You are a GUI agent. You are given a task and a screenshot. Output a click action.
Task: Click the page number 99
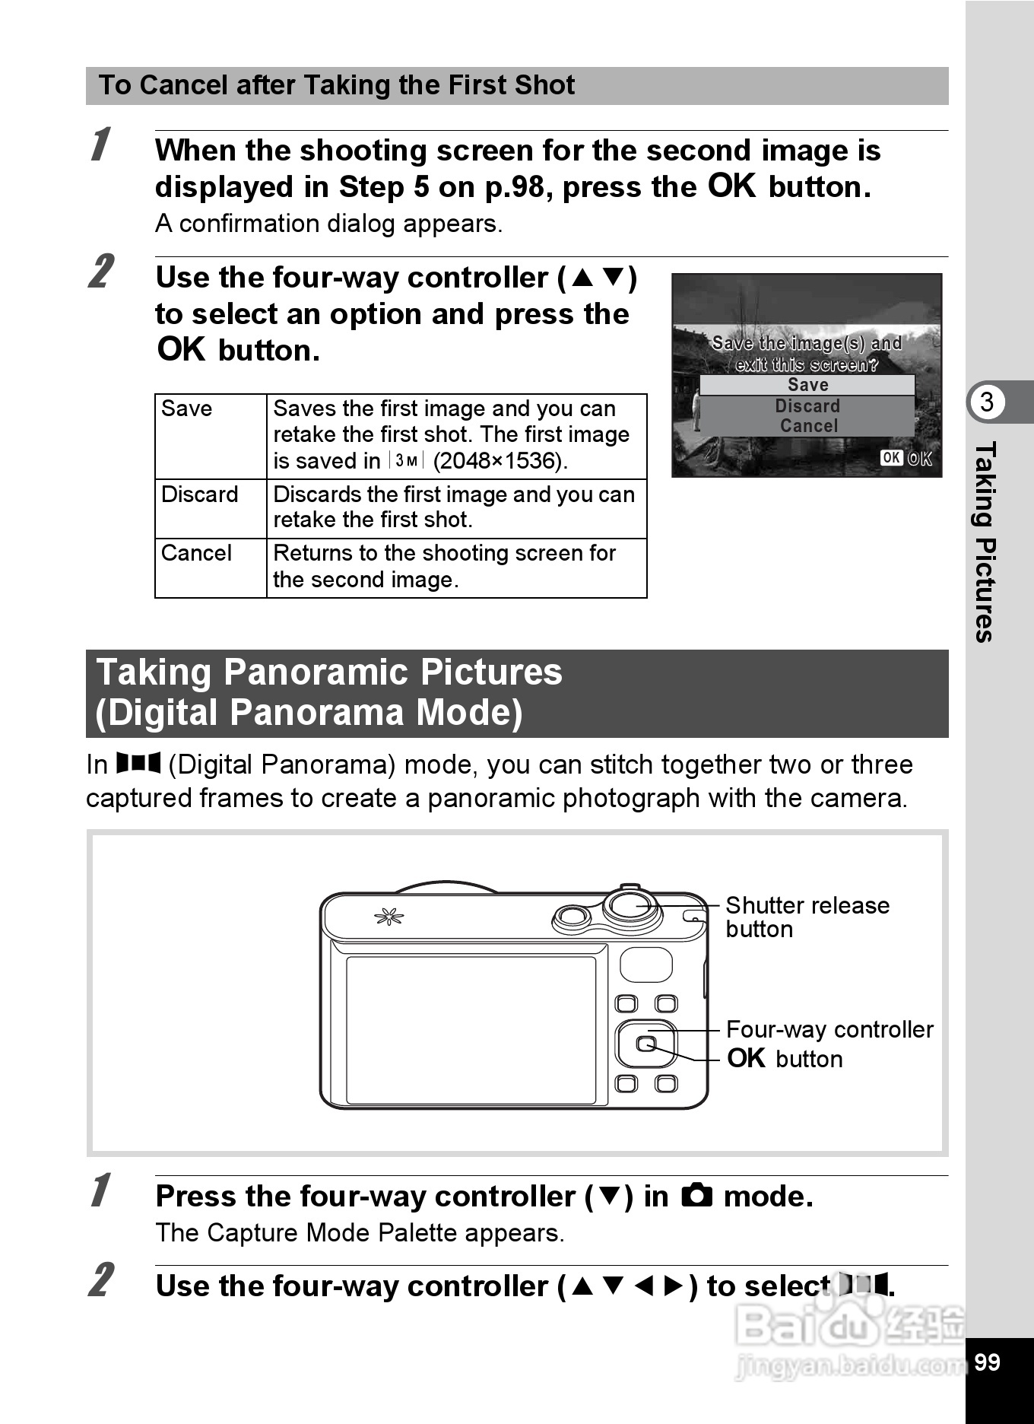987,1362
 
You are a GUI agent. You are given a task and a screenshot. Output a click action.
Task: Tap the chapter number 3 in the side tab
987,402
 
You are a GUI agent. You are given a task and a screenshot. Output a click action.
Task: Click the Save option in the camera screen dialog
807,385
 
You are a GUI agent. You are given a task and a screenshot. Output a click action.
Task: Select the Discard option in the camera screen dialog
807,405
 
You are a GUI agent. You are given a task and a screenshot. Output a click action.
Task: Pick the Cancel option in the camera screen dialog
808,426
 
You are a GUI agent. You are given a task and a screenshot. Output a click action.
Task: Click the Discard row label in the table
200,494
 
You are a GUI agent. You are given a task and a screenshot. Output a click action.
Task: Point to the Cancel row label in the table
196,553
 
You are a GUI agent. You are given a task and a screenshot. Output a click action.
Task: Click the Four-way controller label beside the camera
829,1029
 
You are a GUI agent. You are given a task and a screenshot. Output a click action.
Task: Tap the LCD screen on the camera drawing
471,1028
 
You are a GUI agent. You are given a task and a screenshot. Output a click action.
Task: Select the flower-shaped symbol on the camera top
389,917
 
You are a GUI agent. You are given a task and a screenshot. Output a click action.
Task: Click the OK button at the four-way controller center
645,1044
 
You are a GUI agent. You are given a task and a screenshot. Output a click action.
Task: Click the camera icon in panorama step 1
696,1196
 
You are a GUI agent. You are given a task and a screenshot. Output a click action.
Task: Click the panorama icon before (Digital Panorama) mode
138,763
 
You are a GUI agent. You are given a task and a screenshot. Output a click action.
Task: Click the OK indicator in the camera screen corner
906,458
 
